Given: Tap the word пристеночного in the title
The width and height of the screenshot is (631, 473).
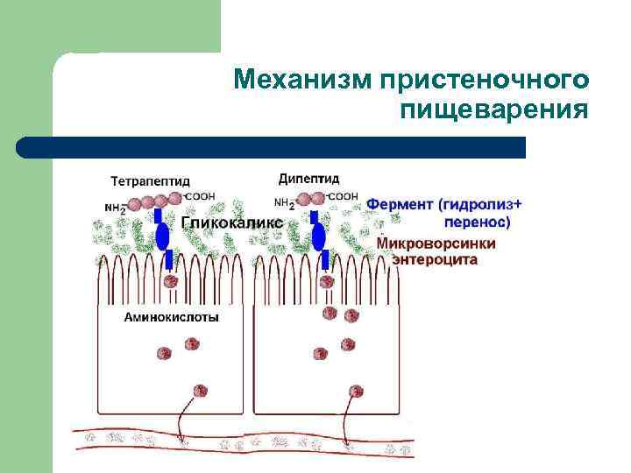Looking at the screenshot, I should click(481, 81).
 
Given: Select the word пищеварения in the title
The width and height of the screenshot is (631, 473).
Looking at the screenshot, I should click(493, 111).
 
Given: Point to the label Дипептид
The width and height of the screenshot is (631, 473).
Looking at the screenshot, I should click(308, 180).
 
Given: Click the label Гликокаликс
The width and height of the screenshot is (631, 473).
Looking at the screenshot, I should click(231, 223).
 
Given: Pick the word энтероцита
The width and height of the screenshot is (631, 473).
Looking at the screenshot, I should click(435, 260).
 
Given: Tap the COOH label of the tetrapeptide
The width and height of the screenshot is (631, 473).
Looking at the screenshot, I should click(200, 198).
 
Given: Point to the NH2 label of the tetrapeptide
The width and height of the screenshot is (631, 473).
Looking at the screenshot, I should click(114, 208).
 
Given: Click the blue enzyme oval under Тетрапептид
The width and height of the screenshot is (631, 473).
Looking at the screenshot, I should click(162, 235).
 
